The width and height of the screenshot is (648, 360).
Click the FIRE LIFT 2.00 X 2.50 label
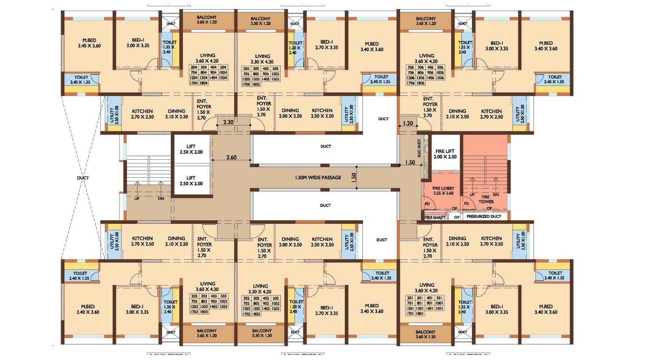(445, 154)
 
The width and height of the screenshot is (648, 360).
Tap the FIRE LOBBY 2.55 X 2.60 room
(443, 191)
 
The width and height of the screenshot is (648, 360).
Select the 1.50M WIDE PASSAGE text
(318, 177)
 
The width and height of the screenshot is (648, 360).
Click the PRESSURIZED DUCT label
(484, 217)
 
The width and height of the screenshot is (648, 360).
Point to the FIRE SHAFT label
(435, 217)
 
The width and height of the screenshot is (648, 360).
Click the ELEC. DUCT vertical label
(419, 148)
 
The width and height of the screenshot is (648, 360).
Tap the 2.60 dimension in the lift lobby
(231, 158)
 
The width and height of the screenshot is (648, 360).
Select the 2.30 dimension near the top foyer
(228, 122)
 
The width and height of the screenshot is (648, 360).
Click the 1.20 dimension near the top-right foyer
(408, 123)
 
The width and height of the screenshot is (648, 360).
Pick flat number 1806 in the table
(421, 83)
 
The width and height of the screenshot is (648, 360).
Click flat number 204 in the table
(194, 68)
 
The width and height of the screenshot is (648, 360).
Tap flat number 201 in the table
(410, 298)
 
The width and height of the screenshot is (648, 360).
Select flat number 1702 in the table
(246, 314)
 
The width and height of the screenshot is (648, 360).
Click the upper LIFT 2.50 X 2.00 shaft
(191, 149)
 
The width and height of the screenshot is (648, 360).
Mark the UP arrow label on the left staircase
(137, 198)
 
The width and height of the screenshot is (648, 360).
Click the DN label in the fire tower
(496, 195)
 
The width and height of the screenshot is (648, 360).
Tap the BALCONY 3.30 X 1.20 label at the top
(260, 21)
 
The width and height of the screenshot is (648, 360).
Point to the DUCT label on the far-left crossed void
(83, 178)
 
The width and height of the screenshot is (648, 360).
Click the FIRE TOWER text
(486, 199)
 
